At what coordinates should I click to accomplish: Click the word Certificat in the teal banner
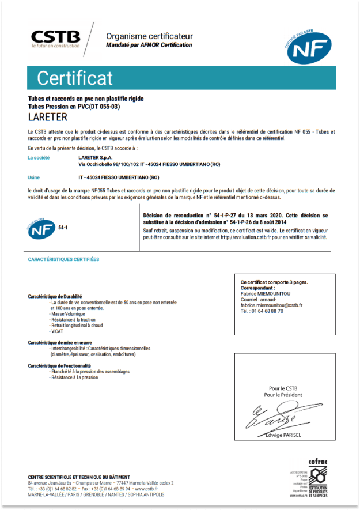click(75, 78)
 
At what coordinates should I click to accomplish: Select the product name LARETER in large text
click(48, 118)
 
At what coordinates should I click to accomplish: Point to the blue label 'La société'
click(39, 157)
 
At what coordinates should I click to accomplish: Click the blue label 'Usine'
click(34, 177)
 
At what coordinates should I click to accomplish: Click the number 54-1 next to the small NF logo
click(63, 229)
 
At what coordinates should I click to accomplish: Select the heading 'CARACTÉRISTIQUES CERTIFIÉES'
click(63, 259)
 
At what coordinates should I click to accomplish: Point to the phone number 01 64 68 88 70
click(268, 311)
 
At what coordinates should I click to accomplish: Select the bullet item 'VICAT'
click(57, 331)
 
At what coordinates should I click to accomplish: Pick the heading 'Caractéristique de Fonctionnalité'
click(59, 365)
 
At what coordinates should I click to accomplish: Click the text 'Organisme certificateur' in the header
click(149, 36)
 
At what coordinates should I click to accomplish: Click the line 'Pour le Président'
click(283, 395)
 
